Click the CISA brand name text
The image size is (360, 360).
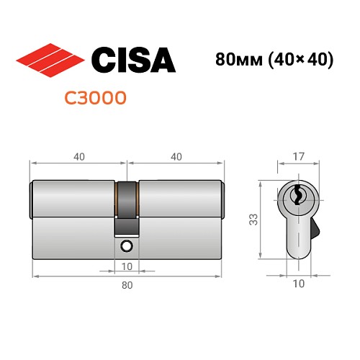coord(132,59)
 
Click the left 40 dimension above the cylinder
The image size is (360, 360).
coord(78,156)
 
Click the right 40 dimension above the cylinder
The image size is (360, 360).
coord(174,156)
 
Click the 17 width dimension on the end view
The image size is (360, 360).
coord(297,155)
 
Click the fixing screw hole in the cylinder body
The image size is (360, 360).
coord(127,246)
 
